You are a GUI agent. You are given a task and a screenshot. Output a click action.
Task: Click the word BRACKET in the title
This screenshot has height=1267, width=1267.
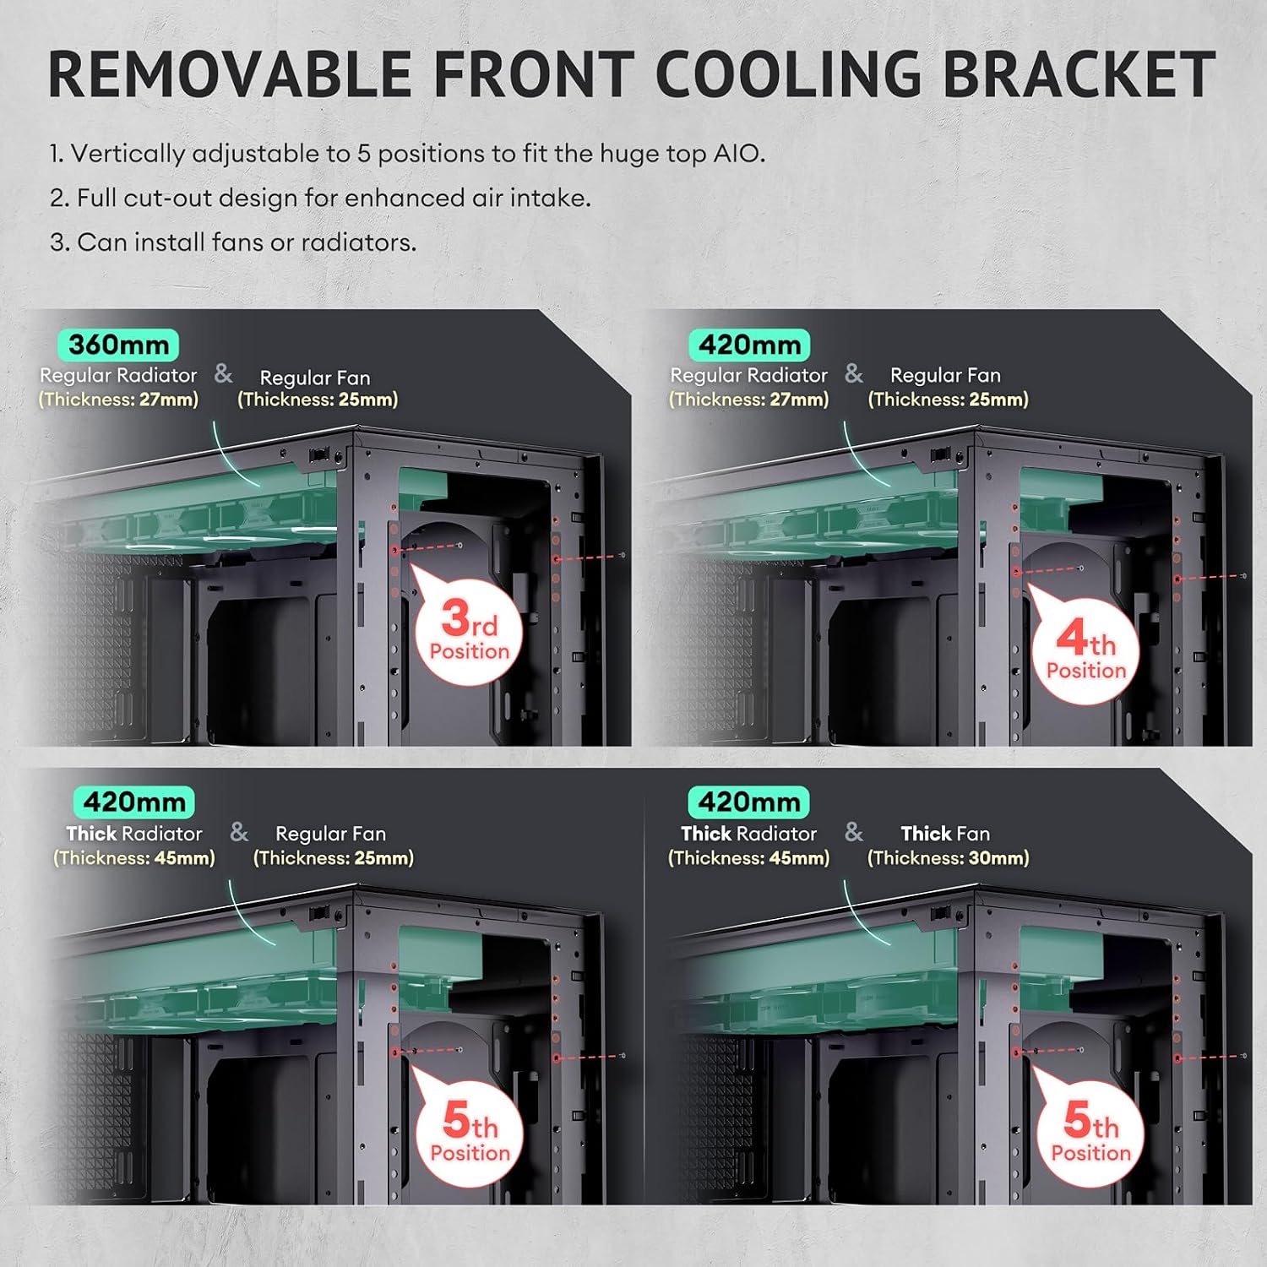(x=1079, y=74)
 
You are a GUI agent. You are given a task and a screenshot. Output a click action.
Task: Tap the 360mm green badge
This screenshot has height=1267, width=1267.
(x=118, y=345)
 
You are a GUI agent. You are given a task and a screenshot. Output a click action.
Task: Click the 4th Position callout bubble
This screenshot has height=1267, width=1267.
(x=1086, y=652)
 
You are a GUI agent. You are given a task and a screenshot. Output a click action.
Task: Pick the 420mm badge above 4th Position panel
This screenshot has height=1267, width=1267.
(x=749, y=345)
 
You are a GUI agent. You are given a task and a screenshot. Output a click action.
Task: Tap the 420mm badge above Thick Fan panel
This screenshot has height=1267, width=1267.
(x=749, y=802)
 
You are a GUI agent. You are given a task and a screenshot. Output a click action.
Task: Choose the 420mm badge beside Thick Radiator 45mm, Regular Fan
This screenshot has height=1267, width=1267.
(x=134, y=802)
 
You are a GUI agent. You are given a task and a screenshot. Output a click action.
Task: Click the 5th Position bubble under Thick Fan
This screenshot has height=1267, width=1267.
(x=1090, y=1134)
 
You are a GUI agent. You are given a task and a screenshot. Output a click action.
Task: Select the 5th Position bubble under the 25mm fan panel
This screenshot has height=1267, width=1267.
(x=470, y=1134)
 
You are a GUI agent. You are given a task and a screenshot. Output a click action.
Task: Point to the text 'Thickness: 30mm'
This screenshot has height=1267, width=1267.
(x=949, y=858)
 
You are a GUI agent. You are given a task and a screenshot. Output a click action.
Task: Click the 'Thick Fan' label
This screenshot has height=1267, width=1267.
(x=945, y=834)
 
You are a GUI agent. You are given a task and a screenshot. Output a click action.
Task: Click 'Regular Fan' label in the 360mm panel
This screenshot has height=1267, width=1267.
(x=315, y=378)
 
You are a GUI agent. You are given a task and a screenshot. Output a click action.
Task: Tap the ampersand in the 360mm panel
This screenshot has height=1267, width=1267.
(x=223, y=373)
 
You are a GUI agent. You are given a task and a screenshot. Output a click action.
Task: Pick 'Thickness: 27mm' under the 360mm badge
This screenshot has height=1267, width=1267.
(x=119, y=400)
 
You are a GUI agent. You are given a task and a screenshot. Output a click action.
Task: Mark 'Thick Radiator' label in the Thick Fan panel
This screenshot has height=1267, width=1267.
(x=748, y=834)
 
